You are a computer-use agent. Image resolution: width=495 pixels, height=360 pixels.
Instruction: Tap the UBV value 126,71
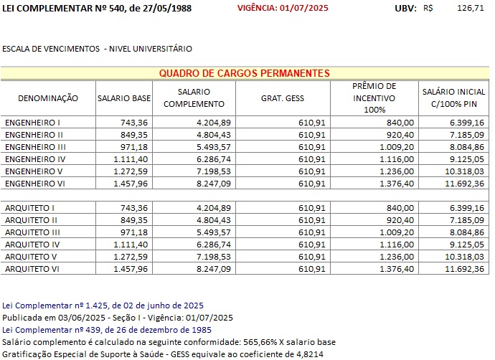click(470, 8)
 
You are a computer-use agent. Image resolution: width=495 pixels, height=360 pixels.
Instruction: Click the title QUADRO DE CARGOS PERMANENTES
click(244, 73)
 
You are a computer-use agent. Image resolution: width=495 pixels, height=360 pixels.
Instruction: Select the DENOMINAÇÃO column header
click(47, 98)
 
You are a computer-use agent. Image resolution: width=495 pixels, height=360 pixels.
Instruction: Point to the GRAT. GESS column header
click(280, 98)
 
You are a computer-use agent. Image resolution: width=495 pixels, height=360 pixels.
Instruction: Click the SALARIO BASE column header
click(124, 98)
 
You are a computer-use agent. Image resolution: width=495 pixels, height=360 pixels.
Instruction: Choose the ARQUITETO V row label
click(32, 257)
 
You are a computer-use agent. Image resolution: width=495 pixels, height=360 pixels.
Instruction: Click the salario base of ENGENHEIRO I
click(135, 123)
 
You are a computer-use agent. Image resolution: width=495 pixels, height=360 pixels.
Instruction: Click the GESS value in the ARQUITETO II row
click(311, 220)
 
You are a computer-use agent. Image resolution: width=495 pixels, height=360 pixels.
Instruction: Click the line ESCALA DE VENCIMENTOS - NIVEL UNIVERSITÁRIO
click(98, 49)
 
